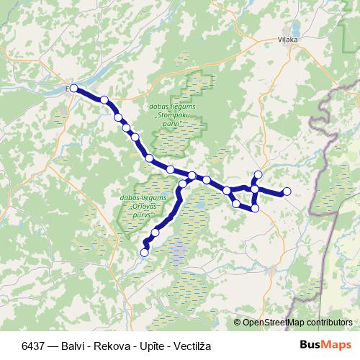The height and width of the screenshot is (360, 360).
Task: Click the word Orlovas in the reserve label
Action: (140, 206)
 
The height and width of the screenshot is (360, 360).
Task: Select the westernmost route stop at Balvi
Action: (73, 88)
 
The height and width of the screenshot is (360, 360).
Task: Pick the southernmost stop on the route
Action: (144, 252)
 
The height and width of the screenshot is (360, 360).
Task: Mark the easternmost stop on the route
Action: (287, 191)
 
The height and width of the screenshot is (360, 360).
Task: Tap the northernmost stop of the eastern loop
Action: (258, 174)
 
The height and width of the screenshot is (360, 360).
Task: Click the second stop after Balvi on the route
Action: (118, 117)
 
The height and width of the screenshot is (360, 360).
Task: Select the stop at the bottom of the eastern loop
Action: (254, 208)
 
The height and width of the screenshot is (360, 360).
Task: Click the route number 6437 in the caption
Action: (35, 344)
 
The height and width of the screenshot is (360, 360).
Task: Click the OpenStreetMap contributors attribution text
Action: (297, 322)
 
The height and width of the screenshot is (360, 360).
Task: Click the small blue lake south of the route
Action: (176, 251)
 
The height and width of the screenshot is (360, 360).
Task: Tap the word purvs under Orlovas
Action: (140, 215)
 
